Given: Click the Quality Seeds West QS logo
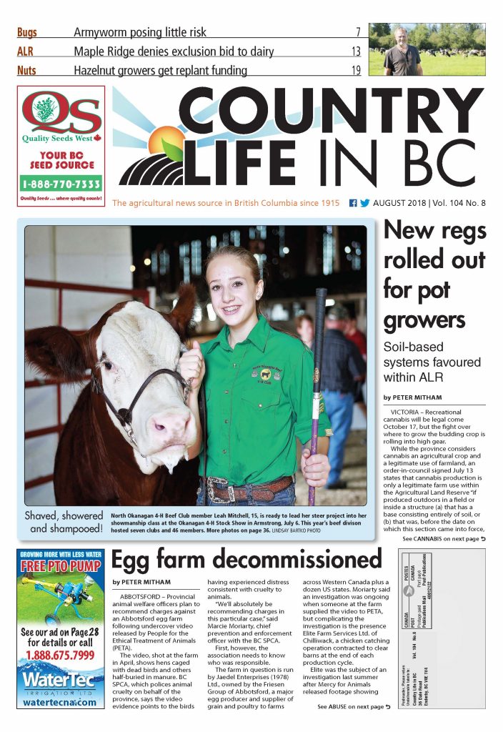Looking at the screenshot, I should point(61,114).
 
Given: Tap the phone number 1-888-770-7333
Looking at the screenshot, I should point(61,183).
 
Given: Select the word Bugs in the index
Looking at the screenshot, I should point(27,32).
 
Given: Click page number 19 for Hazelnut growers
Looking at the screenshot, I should point(355,70).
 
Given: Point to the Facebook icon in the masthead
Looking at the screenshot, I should point(353,203).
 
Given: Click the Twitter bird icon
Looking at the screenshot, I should point(364,203).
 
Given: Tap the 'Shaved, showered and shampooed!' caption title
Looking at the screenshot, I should point(65,522).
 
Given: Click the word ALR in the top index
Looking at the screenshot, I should point(25,51).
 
